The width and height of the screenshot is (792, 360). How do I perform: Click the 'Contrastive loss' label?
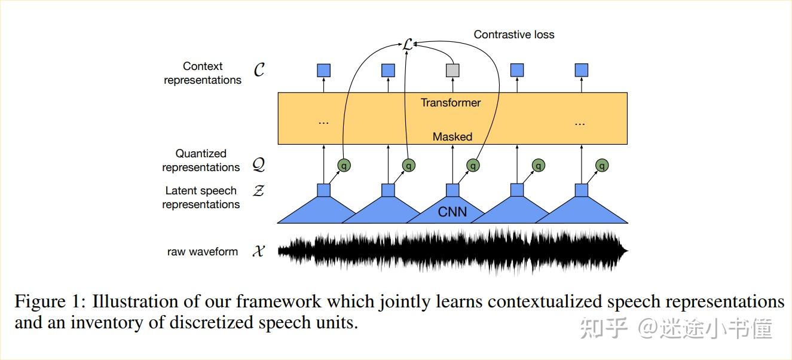[514, 35]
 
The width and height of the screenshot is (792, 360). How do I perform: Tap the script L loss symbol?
[407, 44]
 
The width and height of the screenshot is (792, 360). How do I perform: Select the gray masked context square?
[452, 71]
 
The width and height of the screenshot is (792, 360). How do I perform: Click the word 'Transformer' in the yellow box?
[451, 103]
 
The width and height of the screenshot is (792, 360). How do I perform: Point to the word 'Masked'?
[452, 137]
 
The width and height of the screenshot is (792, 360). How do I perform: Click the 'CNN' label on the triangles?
[452, 212]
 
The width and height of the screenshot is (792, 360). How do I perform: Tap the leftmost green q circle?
[344, 165]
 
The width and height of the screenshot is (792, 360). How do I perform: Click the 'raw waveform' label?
[203, 252]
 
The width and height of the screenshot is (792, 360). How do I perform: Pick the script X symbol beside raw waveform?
[258, 252]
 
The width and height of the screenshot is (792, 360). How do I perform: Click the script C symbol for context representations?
[259, 71]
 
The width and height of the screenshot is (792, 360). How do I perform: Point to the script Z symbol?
[259, 191]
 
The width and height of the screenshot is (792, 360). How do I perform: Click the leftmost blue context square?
[323, 71]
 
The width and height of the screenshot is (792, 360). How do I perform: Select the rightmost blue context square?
[581, 71]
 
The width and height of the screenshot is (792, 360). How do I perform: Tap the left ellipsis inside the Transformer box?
[323, 122]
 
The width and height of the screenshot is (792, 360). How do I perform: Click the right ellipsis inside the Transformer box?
[579, 122]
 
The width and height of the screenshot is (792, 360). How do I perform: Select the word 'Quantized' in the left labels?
[201, 154]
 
